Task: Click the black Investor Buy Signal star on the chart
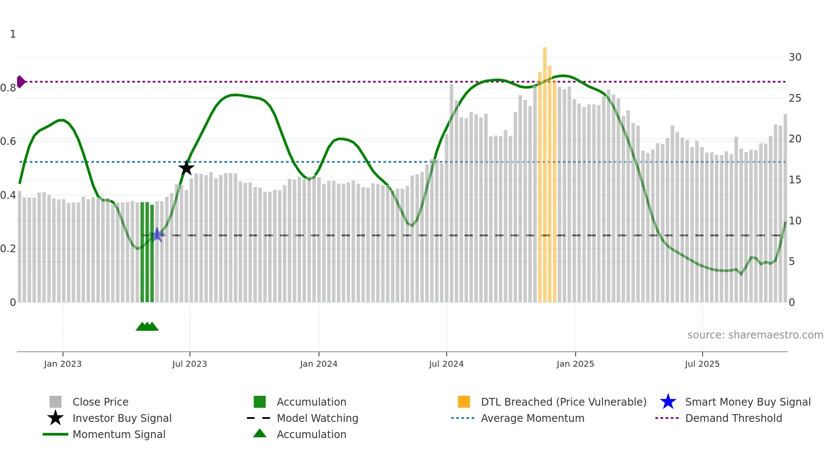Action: [186, 168]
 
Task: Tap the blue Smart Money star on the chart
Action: [157, 234]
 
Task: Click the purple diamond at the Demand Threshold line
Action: [20, 82]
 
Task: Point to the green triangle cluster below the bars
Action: [147, 327]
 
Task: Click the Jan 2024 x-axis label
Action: [319, 364]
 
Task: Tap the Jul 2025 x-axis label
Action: [702, 364]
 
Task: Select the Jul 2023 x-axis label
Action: [190, 364]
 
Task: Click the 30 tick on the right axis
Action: [795, 57]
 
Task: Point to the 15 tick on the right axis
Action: [795, 180]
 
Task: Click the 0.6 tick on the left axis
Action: [9, 141]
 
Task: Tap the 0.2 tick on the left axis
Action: [9, 249]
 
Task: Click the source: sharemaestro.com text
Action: [755, 335]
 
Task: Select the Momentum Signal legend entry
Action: [119, 434]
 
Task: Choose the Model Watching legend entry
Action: [317, 418]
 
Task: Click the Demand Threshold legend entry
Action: [733, 418]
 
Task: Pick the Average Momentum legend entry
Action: [532, 418]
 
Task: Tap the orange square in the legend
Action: [464, 402]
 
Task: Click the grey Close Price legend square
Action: [56, 402]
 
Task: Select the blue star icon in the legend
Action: [668, 402]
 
